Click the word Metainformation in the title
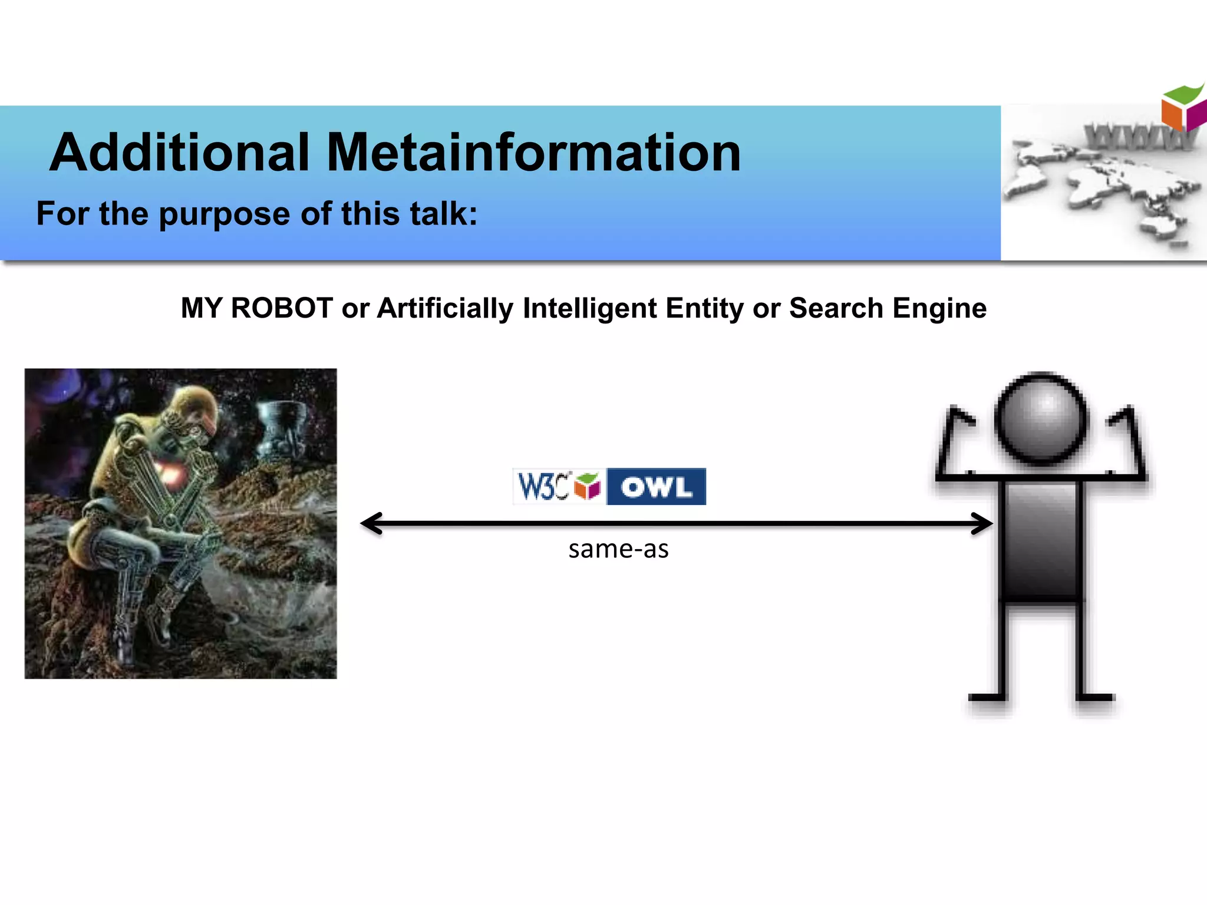pos(533,153)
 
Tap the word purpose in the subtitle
pos(226,214)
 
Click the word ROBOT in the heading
pos(282,308)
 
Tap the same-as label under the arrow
pos(618,549)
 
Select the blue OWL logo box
pos(656,487)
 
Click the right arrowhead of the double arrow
pos(982,523)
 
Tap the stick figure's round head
pos(1041,419)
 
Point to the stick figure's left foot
pos(988,697)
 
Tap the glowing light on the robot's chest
pos(171,471)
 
